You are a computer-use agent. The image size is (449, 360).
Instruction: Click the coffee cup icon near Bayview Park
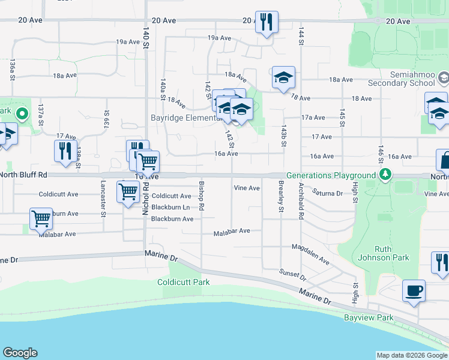click(x=414, y=292)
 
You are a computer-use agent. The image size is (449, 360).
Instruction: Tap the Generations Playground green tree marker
click(x=385, y=175)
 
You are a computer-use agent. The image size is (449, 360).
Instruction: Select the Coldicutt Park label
click(x=184, y=282)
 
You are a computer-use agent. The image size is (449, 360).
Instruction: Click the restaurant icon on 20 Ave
click(x=265, y=23)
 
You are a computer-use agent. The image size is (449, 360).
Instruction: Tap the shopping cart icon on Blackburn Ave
click(x=40, y=219)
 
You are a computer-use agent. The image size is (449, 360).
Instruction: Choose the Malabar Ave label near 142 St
click(x=232, y=231)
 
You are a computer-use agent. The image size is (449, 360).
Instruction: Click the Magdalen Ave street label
click(x=310, y=254)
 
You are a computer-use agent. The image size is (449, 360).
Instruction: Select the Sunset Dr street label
click(x=294, y=275)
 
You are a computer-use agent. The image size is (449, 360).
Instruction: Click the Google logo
click(x=20, y=353)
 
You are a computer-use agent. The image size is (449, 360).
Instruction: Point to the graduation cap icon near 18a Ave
click(x=283, y=77)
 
